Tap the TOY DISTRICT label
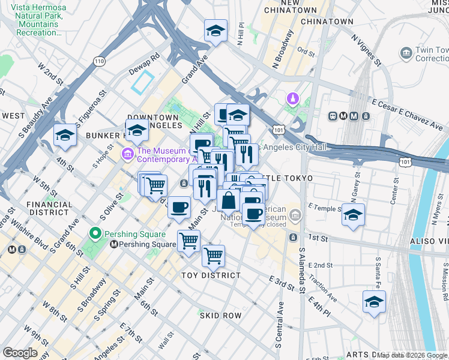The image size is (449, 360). (211, 275)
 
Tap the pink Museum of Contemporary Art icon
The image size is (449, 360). (127, 155)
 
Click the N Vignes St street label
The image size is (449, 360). (366, 49)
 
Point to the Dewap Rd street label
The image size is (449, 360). (143, 64)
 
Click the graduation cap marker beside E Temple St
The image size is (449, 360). (353, 214)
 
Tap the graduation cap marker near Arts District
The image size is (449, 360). (374, 302)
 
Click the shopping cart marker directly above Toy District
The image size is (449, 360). (213, 256)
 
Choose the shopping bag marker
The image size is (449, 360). (229, 200)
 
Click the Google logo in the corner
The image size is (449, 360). (20, 353)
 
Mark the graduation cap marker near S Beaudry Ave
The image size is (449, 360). (65, 135)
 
